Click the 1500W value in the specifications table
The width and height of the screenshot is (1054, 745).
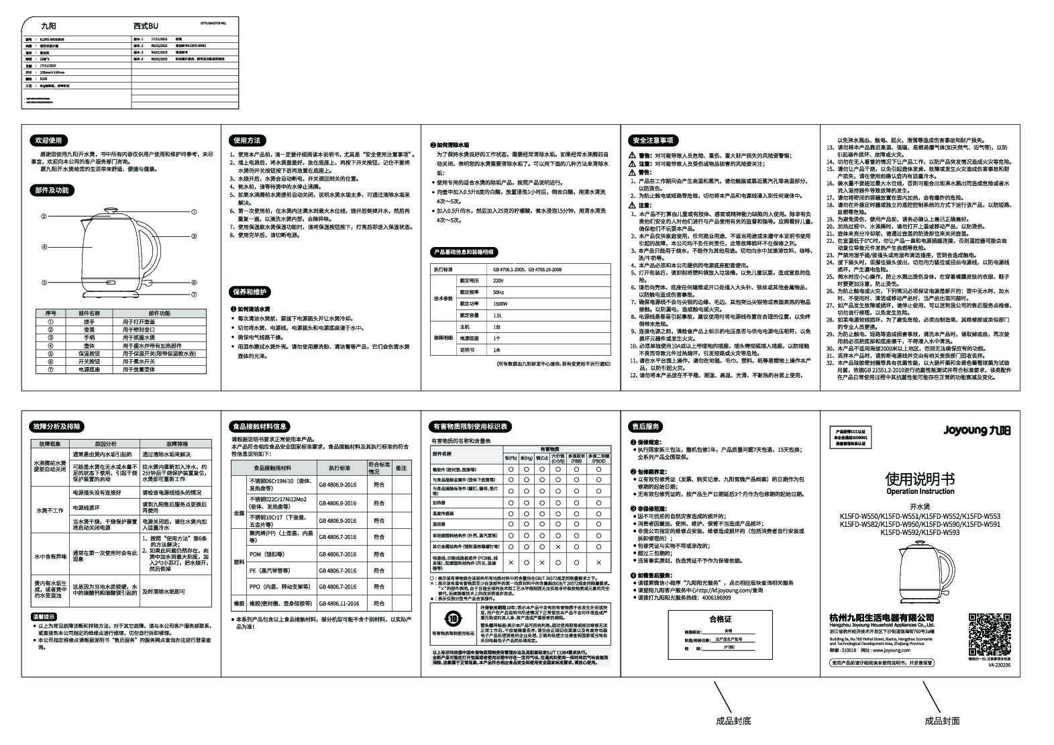point(499,303)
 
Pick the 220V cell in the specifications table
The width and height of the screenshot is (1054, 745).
point(498,280)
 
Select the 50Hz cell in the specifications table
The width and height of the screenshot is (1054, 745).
point(498,292)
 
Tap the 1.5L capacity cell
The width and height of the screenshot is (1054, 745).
point(498,315)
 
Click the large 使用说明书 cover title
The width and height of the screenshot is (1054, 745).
point(920,479)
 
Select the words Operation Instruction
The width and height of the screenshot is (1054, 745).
point(920,492)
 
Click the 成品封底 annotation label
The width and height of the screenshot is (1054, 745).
point(733,722)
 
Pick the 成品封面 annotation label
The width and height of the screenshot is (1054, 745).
point(942,722)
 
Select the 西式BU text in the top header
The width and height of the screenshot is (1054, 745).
point(146,26)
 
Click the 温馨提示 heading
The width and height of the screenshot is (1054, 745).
point(44,616)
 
